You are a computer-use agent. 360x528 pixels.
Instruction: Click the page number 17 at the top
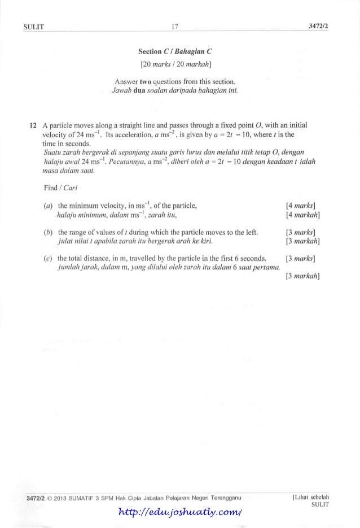pyautogui.click(x=178, y=24)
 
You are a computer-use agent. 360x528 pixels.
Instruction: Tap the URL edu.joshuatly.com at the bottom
pyautogui.click(x=185, y=511)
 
